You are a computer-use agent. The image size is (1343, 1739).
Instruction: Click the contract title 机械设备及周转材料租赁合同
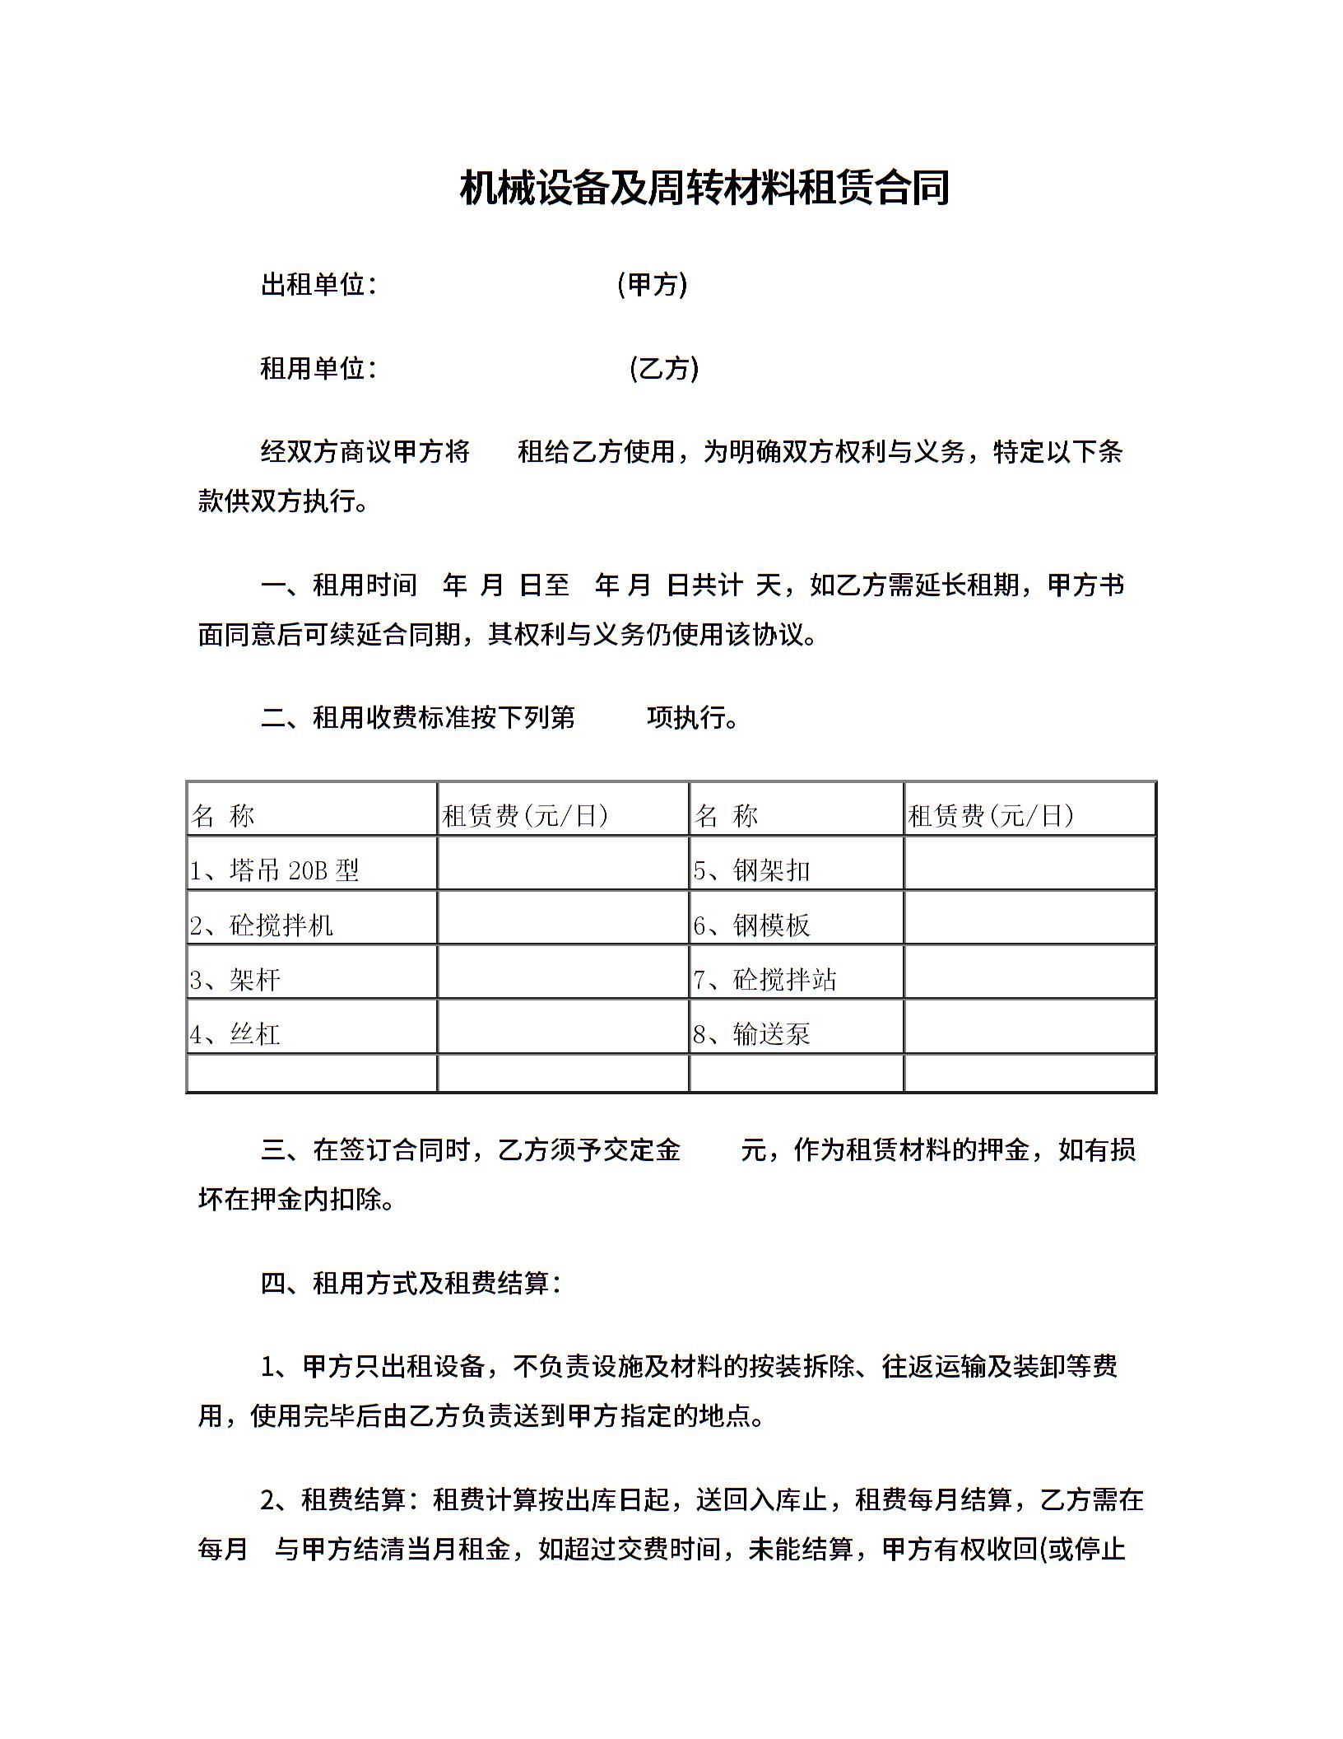(x=704, y=188)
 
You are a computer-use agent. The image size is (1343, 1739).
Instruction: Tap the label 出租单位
(x=313, y=285)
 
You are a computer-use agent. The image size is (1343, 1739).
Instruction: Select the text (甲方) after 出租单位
(x=652, y=285)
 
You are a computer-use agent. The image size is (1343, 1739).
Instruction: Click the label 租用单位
(x=313, y=368)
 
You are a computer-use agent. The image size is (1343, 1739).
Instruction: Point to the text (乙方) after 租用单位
(x=663, y=368)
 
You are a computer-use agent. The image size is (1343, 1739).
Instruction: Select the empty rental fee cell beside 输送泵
(x=1029, y=1027)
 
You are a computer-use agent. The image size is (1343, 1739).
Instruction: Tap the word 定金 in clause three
(x=654, y=1149)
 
